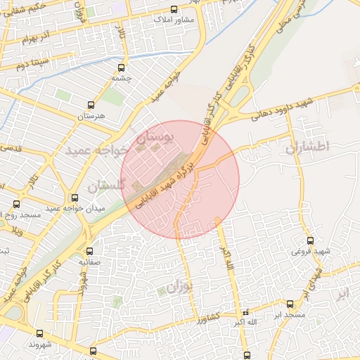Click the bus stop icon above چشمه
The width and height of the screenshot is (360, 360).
(122, 69)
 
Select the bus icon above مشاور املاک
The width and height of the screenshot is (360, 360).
(174, 10)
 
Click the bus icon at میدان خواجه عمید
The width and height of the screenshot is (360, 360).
(75, 198)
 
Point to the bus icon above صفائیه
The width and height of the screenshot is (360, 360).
(89, 251)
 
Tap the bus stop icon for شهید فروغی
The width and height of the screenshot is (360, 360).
(310, 240)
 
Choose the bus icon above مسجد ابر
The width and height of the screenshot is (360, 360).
(290, 304)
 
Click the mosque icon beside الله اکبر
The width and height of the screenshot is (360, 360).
(245, 311)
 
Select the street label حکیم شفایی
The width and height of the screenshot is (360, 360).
(27, 8)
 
